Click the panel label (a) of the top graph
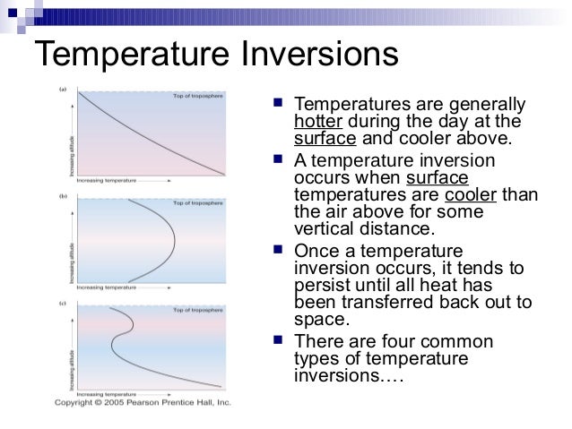point(64,89)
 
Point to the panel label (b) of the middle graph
point(64,195)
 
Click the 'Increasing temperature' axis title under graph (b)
point(108,287)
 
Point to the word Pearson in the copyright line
point(158,403)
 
